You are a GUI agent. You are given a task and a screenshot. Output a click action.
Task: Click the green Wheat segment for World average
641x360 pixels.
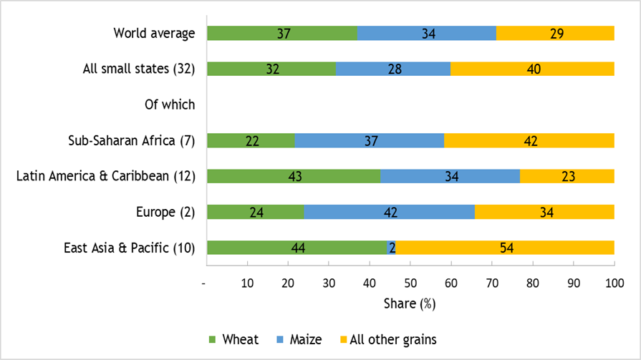tap(282, 33)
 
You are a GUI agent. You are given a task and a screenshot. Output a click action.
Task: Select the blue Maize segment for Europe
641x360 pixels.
tap(390, 212)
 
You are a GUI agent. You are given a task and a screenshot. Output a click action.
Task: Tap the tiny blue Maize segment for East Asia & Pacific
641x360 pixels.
tap(392, 248)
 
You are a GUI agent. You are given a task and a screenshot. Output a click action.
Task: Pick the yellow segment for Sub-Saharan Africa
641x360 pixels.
tap(529, 140)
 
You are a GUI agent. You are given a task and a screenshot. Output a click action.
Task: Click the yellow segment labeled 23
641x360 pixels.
tap(567, 176)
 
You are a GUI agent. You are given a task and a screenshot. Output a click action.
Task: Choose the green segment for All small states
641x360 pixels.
tap(271, 69)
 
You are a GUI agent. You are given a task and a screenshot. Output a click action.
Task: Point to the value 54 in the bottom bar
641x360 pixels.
tap(505, 248)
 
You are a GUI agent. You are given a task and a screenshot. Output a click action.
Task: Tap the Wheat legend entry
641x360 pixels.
tap(232, 339)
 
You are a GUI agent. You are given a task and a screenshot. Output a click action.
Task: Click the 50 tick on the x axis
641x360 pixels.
tap(410, 283)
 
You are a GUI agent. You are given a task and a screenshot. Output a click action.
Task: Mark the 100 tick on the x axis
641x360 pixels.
tap(614, 283)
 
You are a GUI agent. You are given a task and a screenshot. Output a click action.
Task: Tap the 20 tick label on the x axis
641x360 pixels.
tap(288, 283)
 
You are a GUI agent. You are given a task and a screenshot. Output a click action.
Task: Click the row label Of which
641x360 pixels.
tap(170, 104)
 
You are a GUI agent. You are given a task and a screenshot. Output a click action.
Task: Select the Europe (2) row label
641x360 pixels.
tap(165, 212)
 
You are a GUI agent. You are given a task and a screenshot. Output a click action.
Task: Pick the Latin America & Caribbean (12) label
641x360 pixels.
tap(106, 176)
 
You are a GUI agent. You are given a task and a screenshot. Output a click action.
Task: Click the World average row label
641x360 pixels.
tap(154, 33)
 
